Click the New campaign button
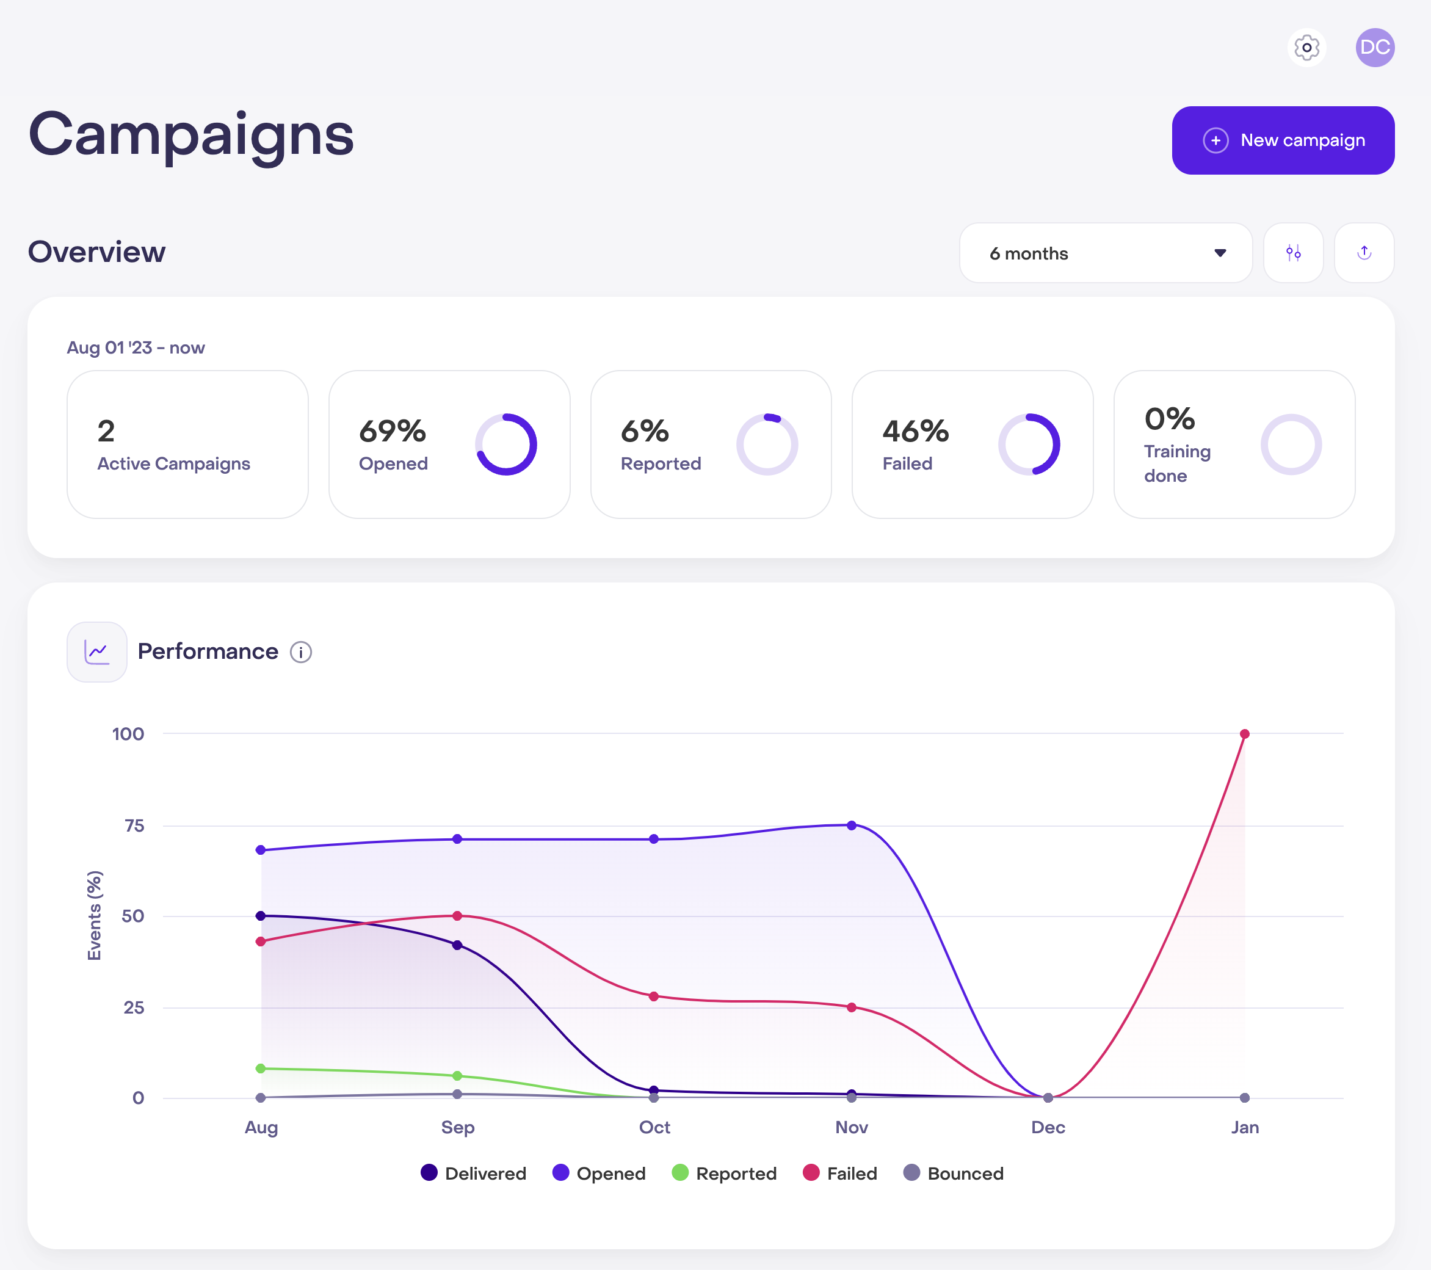[x=1283, y=140]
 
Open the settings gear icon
[x=1306, y=48]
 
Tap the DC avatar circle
[x=1374, y=48]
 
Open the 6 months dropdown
[x=1105, y=253]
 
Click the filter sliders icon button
[x=1293, y=253]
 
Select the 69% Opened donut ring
[x=506, y=445]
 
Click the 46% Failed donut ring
[x=1029, y=445]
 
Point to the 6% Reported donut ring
[x=767, y=445]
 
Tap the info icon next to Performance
[x=301, y=652]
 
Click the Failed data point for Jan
[x=1245, y=734]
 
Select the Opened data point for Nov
[x=851, y=826]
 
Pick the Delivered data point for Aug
[x=261, y=916]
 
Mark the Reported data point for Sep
[x=457, y=1075]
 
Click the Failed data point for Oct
[x=654, y=996]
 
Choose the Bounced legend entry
[x=954, y=1174]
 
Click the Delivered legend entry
[x=473, y=1174]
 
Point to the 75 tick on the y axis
[x=134, y=826]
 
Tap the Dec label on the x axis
[x=1048, y=1127]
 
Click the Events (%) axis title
[x=95, y=916]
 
